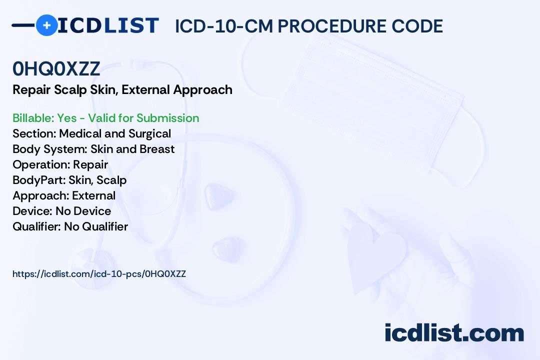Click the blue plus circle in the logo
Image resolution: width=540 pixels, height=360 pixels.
click(x=46, y=25)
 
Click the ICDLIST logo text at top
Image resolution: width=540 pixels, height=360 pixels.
click(x=108, y=25)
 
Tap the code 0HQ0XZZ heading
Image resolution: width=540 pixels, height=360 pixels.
click(x=56, y=69)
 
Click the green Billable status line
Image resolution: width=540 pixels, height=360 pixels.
click(x=105, y=118)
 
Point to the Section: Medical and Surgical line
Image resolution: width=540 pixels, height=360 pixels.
click(x=91, y=133)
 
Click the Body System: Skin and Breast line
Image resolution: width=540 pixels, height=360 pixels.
click(x=93, y=149)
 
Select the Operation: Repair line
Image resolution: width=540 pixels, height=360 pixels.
click(x=60, y=164)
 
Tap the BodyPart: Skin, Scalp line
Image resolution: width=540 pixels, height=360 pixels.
click(x=69, y=180)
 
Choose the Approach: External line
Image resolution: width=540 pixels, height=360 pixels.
click(x=64, y=195)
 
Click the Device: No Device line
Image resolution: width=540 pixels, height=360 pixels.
click(x=61, y=211)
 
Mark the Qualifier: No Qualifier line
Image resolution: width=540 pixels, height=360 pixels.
click(x=70, y=226)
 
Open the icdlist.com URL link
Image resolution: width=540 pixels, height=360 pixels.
click(x=99, y=274)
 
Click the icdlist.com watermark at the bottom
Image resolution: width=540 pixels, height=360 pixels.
click(x=454, y=333)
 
